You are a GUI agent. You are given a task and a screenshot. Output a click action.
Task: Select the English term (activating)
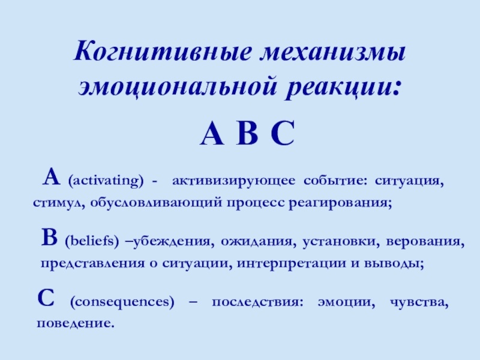106,180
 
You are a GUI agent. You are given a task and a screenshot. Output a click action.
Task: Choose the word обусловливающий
158,203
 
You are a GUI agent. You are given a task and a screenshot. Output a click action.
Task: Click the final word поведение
76,323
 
